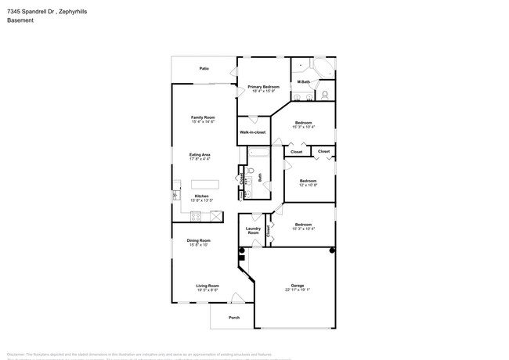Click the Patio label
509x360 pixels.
(204, 69)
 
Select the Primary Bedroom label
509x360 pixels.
(264, 86)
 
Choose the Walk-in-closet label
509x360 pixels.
(253, 132)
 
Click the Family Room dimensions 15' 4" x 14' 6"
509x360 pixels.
(203, 122)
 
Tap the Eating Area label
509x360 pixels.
(200, 154)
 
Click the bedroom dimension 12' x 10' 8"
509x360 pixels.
(308, 185)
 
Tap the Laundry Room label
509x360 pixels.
(253, 231)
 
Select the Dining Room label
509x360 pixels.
(198, 240)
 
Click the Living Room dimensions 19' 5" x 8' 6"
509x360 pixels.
(207, 290)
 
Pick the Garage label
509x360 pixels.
(298, 285)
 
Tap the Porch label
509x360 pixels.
(233, 317)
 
